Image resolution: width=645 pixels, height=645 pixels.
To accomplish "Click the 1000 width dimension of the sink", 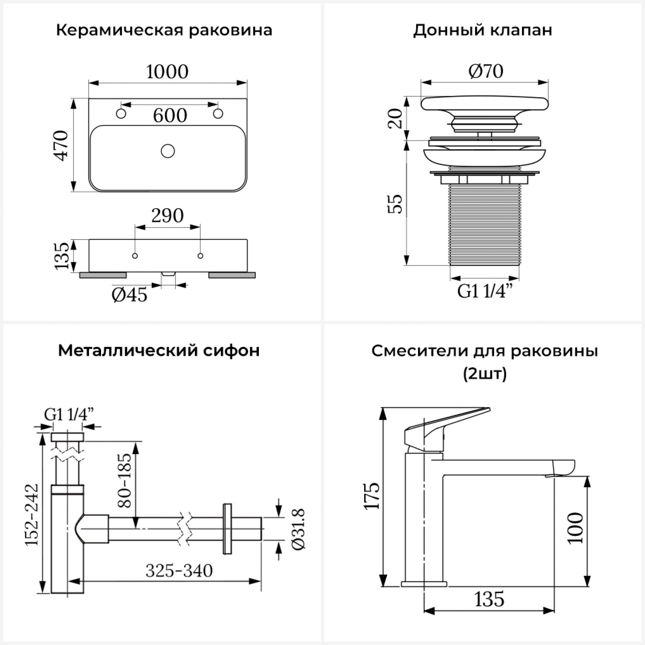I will (167, 71).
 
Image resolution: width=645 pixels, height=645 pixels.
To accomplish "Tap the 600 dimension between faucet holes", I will (170, 115).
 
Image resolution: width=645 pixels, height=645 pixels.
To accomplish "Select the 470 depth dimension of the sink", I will (61, 145).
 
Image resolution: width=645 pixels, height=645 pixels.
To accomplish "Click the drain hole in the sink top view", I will (168, 151).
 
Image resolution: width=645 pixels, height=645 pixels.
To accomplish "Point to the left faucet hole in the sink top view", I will (121, 114).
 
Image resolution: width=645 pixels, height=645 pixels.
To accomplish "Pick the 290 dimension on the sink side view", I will (167, 215).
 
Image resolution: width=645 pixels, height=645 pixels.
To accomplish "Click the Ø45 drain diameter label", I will (129, 295).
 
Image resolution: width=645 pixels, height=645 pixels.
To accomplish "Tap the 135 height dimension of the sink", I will (62, 256).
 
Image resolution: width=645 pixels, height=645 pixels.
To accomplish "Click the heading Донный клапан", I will (482, 31).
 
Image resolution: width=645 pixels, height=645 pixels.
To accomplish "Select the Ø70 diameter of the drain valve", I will (485, 71).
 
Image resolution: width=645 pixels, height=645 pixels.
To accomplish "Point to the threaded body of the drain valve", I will (485, 224).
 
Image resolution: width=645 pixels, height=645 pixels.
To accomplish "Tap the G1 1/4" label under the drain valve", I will (485, 291).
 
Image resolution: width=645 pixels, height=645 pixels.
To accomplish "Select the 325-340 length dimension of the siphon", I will (179, 571).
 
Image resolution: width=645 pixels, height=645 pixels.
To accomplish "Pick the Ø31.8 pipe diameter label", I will (298, 529).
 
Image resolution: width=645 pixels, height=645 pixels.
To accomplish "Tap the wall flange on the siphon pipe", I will (227, 528).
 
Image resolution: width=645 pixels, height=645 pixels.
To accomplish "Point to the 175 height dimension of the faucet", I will (372, 496).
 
